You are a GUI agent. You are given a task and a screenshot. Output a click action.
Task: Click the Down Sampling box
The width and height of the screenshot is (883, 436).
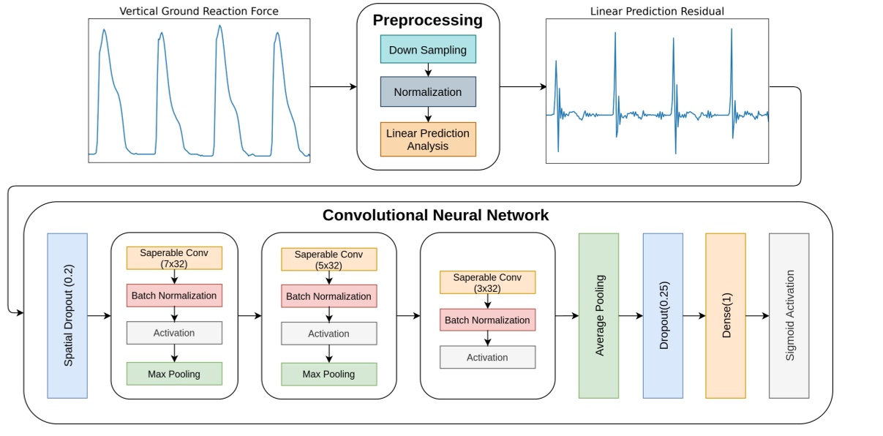428,50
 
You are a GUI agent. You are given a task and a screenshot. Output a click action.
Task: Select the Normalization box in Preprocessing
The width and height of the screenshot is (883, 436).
428,92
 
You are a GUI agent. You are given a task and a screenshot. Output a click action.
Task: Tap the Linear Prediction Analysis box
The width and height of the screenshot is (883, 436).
428,139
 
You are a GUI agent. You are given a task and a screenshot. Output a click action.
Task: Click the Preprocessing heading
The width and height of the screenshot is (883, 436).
428,20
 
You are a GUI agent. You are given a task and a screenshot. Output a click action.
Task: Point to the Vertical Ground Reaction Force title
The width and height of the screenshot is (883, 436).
198,10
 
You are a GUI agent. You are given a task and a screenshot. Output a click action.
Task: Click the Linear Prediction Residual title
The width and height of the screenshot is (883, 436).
656,10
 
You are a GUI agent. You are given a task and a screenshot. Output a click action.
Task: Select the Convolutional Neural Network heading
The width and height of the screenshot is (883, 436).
435,215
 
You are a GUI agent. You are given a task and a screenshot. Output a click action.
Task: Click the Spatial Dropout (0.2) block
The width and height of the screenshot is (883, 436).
67,316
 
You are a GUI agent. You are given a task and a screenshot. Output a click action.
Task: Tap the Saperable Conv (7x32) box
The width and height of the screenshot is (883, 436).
174,258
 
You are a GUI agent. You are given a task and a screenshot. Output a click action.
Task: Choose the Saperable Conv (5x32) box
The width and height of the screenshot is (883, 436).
329,259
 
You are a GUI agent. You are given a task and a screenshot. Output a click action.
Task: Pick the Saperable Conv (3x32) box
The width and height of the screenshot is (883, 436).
487,282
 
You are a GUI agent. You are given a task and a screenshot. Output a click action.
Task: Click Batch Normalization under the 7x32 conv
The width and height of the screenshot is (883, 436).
174,296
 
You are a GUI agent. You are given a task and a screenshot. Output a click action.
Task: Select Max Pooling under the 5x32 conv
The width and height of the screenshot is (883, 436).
329,374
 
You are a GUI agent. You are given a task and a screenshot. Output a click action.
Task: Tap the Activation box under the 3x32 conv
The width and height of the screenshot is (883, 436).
487,357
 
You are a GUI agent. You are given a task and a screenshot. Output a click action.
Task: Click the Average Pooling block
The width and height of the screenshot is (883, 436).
598,316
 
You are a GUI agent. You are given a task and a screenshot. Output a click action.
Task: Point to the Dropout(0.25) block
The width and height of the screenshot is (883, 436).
663,316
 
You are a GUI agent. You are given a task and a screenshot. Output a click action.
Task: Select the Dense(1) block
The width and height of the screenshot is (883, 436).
726,316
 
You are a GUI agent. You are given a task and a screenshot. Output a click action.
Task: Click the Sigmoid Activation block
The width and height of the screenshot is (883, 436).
789,316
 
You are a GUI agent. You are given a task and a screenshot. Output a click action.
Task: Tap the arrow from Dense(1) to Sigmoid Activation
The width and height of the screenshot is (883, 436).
757,316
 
